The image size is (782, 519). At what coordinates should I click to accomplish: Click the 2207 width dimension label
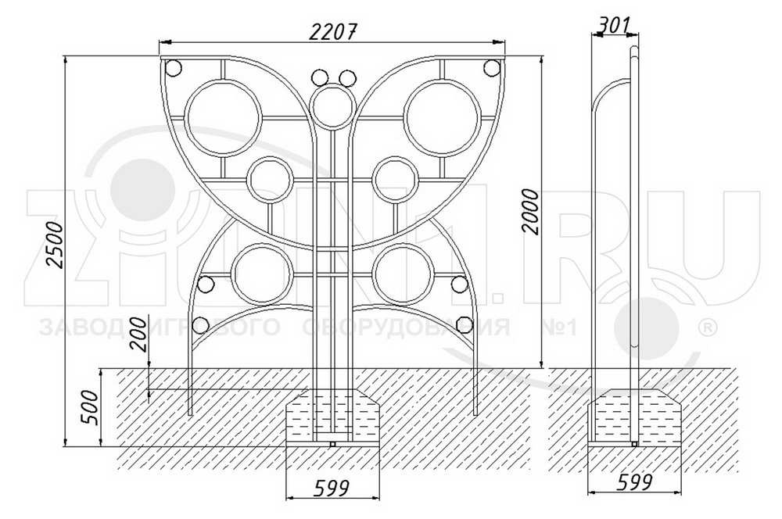(332, 31)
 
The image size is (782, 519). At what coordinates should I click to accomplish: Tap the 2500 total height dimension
(56, 245)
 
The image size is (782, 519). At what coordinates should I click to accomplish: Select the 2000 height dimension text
(531, 211)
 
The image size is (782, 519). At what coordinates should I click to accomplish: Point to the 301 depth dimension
(614, 25)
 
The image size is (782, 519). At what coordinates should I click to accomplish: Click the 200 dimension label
(141, 335)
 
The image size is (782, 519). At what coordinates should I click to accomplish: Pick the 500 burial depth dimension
(90, 406)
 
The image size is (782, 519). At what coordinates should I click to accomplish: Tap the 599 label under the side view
(635, 482)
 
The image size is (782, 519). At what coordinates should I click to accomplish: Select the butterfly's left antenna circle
(320, 78)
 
